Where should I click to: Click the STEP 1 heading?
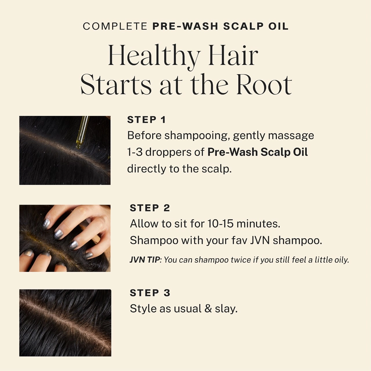click(x=146, y=120)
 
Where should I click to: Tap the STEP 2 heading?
click(x=150, y=208)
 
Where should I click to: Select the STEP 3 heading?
click(x=150, y=293)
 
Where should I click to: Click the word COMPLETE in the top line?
click(x=115, y=26)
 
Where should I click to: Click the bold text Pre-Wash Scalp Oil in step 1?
click(x=257, y=152)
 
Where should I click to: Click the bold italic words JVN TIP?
click(x=145, y=260)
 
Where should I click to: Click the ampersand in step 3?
click(x=208, y=309)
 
